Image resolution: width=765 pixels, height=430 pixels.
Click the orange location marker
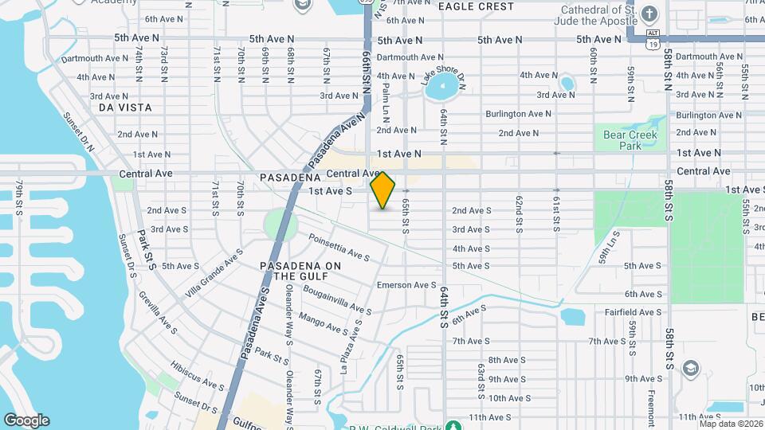pyautogui.click(x=383, y=190)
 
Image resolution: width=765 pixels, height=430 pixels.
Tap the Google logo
pyautogui.click(x=26, y=420)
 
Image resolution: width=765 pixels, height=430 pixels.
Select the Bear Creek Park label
pyautogui.click(x=623, y=140)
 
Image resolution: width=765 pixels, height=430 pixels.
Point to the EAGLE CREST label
pyautogui.click(x=476, y=6)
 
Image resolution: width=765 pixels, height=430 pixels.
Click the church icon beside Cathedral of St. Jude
pyautogui.click(x=649, y=14)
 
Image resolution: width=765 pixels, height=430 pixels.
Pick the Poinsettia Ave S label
pyautogui.click(x=339, y=247)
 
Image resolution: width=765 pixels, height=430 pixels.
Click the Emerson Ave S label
pyautogui.click(x=406, y=285)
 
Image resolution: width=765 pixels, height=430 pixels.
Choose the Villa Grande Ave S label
pyautogui.click(x=214, y=272)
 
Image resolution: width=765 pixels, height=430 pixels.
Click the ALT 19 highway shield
pyautogui.click(x=653, y=39)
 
